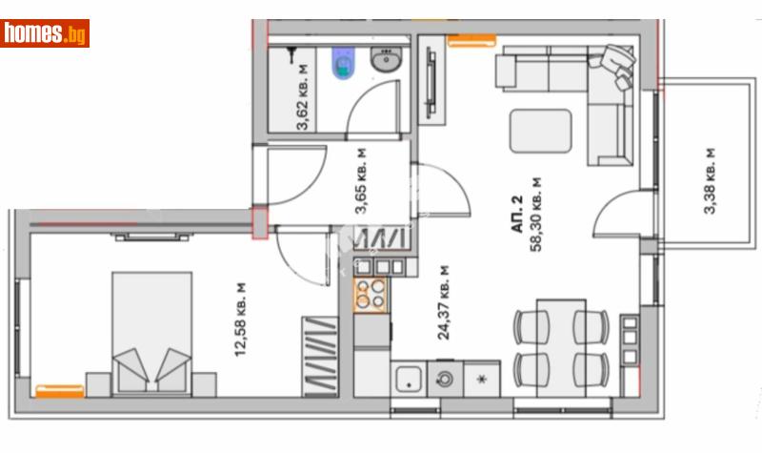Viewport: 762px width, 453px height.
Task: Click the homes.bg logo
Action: pos(45,33)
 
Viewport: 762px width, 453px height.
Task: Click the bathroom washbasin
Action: pos(386,63)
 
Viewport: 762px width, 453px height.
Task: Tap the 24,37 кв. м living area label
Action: pos(442,303)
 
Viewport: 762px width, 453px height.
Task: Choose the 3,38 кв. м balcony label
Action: pos(710,181)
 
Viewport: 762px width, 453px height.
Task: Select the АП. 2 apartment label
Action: pos(517,215)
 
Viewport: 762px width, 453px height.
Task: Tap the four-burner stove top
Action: pos(371,296)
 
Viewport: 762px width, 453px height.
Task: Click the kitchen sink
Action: pos(410,379)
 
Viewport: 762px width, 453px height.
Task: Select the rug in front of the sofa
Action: pos(540,131)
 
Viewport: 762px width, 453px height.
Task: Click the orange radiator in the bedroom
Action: pos(59,390)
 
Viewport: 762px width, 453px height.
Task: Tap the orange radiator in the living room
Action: pos(471,40)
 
